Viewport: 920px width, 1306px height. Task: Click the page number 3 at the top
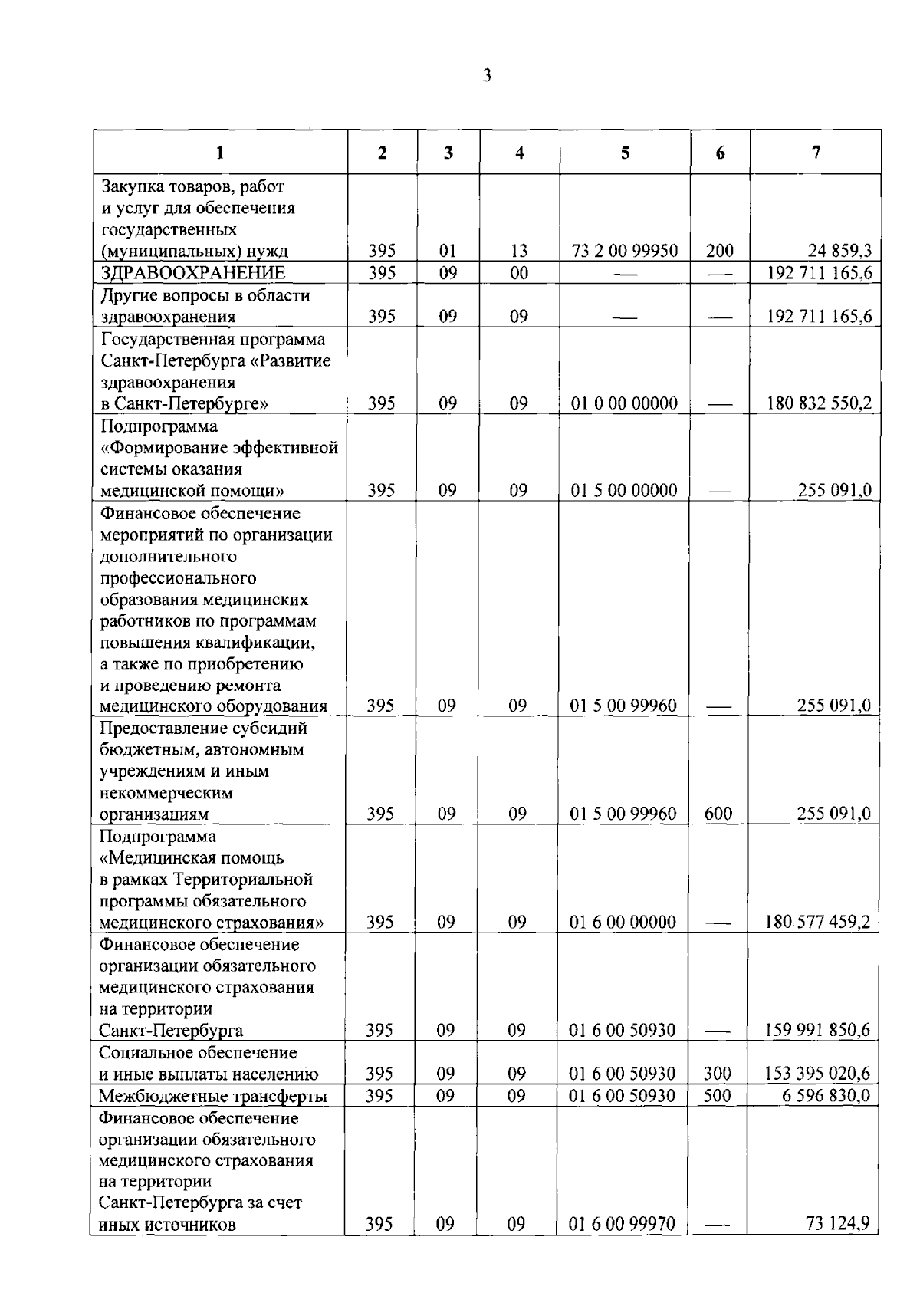[487, 75]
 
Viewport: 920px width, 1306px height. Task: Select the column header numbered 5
[626, 153]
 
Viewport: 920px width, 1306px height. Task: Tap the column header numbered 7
[816, 152]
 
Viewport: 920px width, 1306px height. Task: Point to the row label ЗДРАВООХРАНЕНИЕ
[193, 273]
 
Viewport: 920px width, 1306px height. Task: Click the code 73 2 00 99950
[625, 251]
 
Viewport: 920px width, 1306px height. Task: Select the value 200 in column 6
[720, 251]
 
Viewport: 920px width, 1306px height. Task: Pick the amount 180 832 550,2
[819, 403]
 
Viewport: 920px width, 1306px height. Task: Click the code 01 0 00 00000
[624, 403]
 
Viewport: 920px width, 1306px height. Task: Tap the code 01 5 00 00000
[624, 491]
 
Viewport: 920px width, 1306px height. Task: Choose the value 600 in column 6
[718, 814]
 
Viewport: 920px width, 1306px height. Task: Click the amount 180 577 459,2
[817, 922]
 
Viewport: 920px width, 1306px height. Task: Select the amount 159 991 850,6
[817, 1030]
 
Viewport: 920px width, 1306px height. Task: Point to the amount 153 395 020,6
[817, 1074]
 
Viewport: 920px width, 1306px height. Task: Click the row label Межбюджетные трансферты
[213, 1096]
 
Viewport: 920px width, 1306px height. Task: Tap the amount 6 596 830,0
[826, 1096]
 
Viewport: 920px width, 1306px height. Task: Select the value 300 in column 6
[718, 1074]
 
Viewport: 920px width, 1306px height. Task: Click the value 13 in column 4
[519, 251]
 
